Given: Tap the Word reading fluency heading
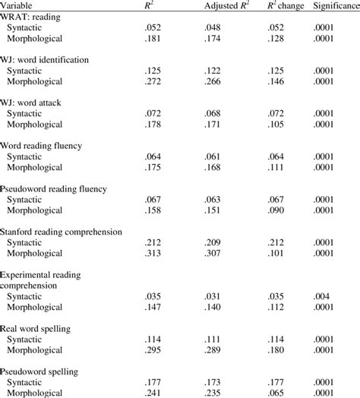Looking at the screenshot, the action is tap(52, 144).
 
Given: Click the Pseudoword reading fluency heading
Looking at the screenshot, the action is tap(64, 187).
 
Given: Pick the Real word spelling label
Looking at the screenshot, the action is tap(45, 327).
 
